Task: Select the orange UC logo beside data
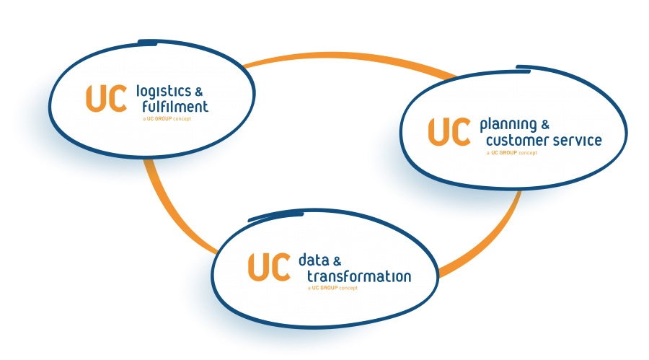click(268, 268)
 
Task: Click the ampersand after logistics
click(199, 92)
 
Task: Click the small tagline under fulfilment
click(167, 118)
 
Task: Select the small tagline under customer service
click(511, 152)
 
